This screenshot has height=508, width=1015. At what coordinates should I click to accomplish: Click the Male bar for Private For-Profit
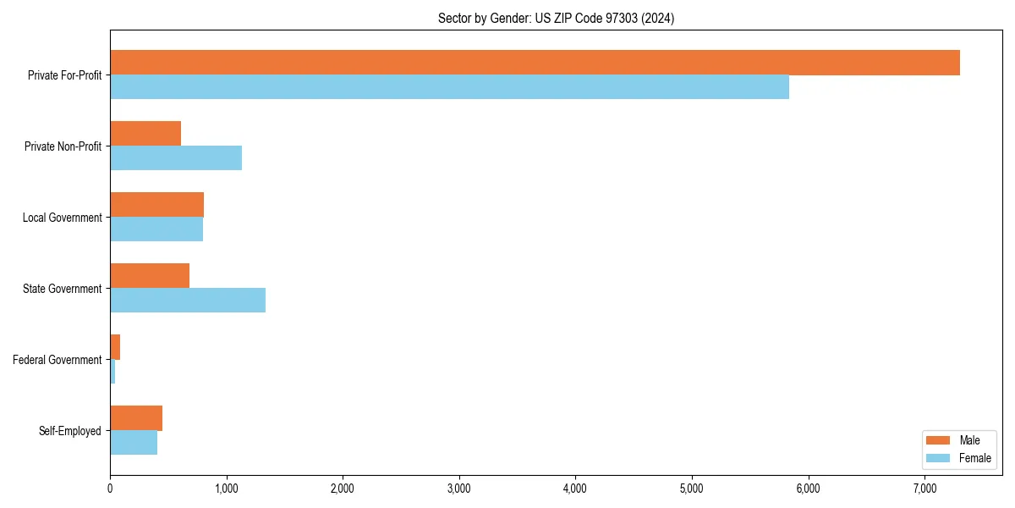click(x=535, y=63)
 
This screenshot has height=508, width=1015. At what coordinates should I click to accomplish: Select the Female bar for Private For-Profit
click(x=449, y=87)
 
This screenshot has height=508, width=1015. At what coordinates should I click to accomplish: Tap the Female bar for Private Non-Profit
click(x=176, y=158)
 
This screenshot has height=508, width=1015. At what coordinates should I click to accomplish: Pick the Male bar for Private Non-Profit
click(x=145, y=134)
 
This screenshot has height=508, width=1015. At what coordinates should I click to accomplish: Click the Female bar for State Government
click(x=188, y=301)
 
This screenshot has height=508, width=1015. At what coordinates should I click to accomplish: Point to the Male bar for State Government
click(x=150, y=276)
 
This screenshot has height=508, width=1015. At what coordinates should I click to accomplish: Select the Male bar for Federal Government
click(x=115, y=347)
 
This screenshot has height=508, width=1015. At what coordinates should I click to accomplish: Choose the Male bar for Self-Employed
click(x=136, y=418)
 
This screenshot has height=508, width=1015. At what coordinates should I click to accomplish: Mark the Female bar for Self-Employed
click(x=134, y=443)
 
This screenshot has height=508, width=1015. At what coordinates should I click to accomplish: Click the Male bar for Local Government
click(x=156, y=205)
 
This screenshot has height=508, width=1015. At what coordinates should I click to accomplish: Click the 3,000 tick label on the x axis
click(x=458, y=489)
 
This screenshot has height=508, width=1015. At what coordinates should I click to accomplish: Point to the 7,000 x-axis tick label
click(x=924, y=489)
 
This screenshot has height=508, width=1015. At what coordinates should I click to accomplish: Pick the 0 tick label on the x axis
click(x=110, y=489)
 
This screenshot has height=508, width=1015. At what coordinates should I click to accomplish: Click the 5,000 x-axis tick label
click(x=692, y=489)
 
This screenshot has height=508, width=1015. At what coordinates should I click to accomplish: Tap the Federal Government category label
click(x=58, y=360)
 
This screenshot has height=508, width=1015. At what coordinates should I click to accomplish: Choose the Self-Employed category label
click(x=70, y=431)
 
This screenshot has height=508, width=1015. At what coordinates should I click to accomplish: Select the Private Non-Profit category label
click(x=63, y=146)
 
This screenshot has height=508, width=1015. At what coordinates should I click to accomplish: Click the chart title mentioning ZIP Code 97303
click(x=556, y=18)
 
